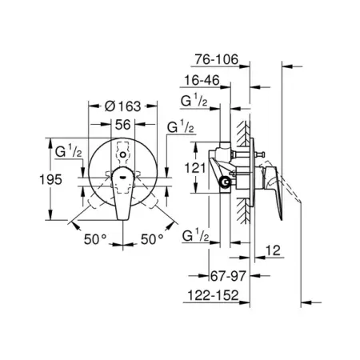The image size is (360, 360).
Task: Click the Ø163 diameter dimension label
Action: click(x=122, y=106)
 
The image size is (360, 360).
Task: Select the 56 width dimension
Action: click(x=123, y=125)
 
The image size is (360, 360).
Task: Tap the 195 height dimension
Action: click(x=50, y=179)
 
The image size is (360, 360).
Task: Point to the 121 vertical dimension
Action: click(x=195, y=168)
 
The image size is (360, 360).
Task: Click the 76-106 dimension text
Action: click(x=216, y=59)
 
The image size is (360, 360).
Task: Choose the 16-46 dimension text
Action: click(x=202, y=80)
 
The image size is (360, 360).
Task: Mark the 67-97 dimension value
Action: click(x=228, y=276)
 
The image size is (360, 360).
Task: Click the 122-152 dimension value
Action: click(x=213, y=295)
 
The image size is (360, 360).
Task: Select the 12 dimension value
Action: click(x=273, y=250)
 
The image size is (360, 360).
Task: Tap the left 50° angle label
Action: click(x=95, y=239)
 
